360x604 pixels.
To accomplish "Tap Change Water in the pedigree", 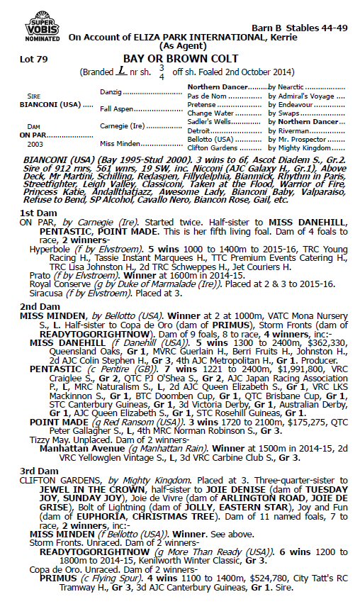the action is (x=212, y=113).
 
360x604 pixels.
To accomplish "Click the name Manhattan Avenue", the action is (x=76, y=448).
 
